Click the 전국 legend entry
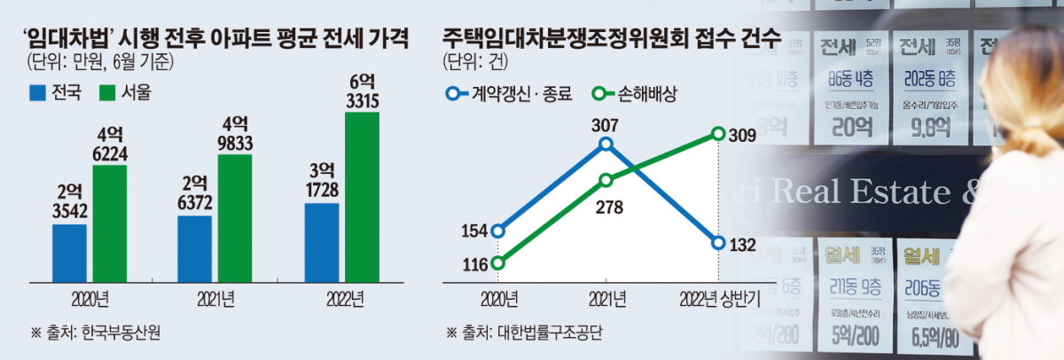(x=55, y=92)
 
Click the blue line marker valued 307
(x=606, y=144)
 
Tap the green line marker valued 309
(x=716, y=134)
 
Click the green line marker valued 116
(x=498, y=262)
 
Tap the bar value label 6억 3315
(x=362, y=91)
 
